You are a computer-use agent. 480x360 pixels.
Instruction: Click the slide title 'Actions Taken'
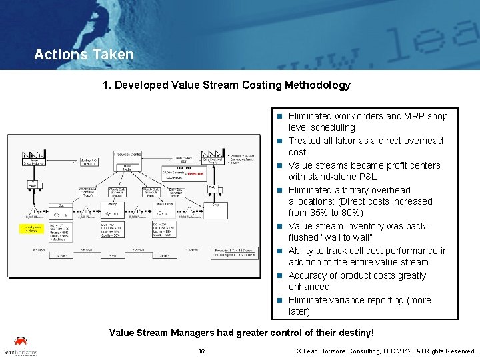click(83, 55)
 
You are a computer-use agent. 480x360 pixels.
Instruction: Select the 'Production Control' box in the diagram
click(127, 155)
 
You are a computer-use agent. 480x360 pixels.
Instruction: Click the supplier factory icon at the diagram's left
click(35, 157)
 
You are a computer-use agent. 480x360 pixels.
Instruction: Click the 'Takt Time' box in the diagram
click(181, 172)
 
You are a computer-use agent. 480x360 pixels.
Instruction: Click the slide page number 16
click(201, 351)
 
